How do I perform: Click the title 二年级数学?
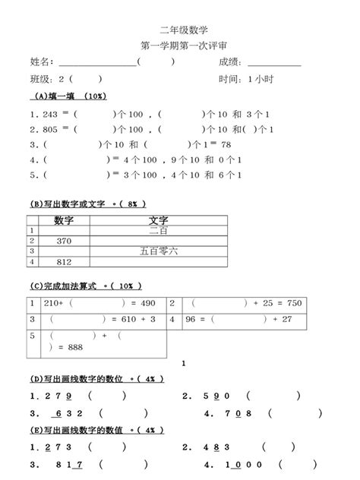pyautogui.click(x=179, y=30)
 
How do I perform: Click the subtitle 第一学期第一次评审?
pyautogui.click(x=179, y=46)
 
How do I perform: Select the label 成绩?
pyautogui.click(x=229, y=62)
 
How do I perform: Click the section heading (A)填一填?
pyautogui.click(x=57, y=96)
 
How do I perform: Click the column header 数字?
pyautogui.click(x=64, y=220)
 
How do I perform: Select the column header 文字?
pyautogui.click(x=159, y=220)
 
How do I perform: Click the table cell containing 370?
pyautogui.click(x=64, y=240)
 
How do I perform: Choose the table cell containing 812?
pyautogui.click(x=64, y=262)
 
